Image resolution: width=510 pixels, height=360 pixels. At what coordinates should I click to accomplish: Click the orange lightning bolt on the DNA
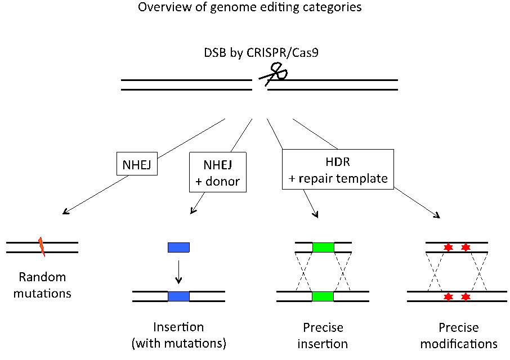[x=41, y=246]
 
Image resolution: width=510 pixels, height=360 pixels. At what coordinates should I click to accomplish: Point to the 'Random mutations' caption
[x=42, y=285]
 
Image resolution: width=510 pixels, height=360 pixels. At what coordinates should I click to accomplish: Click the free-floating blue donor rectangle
[x=179, y=247]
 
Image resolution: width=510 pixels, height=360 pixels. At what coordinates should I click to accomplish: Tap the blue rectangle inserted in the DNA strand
[x=179, y=296]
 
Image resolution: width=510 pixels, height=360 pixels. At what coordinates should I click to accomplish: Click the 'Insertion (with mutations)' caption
[x=178, y=335]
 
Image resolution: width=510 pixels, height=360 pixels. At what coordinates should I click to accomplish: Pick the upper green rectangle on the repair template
[x=323, y=247]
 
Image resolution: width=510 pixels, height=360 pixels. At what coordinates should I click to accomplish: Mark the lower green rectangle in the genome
[x=323, y=296]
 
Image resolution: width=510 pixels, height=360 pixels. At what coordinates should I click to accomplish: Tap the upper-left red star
[x=449, y=247]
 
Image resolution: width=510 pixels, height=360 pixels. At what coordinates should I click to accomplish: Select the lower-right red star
[x=466, y=296]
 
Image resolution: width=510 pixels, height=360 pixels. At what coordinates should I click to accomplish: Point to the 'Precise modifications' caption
[x=459, y=335]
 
